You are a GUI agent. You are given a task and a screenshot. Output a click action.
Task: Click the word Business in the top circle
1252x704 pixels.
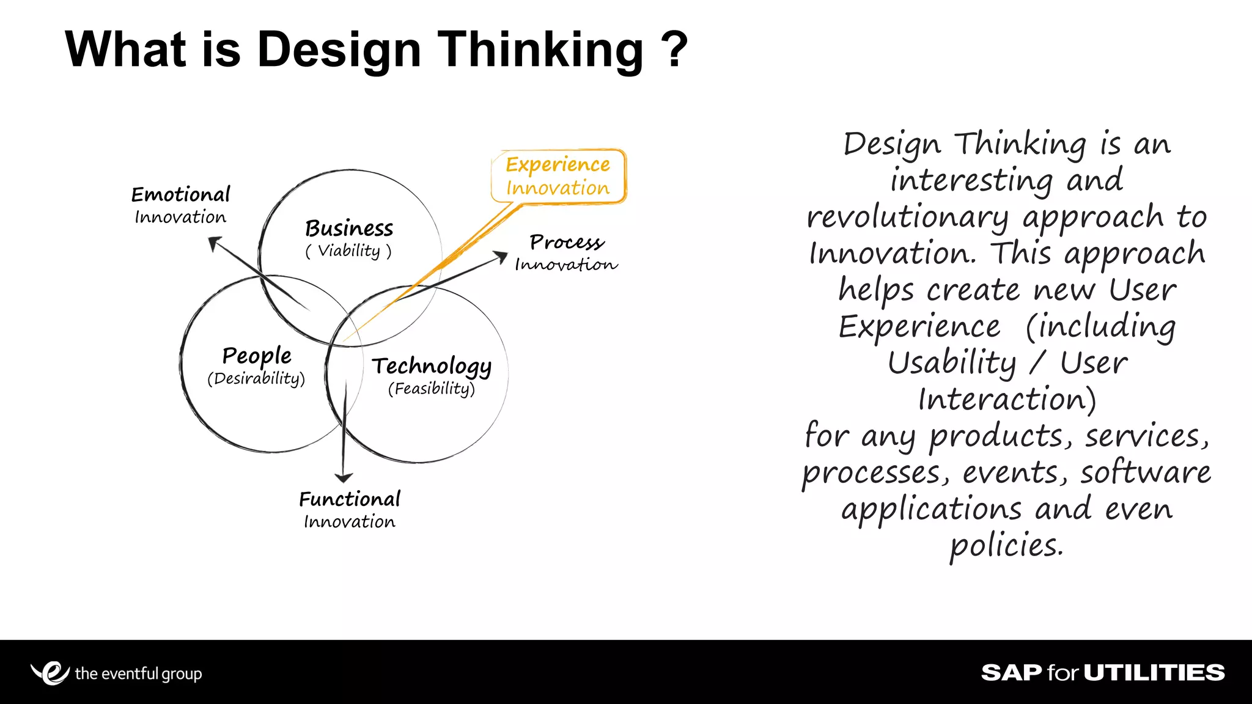[x=349, y=229]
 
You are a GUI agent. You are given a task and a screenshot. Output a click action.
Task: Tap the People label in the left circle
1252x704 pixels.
[x=257, y=356]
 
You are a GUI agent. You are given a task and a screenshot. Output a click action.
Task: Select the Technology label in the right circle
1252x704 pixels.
[x=432, y=366]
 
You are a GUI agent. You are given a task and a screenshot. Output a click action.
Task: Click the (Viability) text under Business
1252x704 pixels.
[x=348, y=251]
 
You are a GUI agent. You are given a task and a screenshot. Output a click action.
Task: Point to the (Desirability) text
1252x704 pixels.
[x=256, y=379]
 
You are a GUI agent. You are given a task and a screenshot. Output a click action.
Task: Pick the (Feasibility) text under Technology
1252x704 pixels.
[x=432, y=389]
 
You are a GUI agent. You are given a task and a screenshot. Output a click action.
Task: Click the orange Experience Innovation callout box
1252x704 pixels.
[x=558, y=176]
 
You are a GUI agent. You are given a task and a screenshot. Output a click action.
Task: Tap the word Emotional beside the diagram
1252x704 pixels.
[x=180, y=195]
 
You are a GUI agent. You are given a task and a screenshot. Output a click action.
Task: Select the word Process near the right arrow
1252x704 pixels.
[x=567, y=242]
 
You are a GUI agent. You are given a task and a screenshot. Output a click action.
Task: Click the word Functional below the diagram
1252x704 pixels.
[x=350, y=499]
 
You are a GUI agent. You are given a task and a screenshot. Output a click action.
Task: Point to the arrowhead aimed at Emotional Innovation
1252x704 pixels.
[x=213, y=243]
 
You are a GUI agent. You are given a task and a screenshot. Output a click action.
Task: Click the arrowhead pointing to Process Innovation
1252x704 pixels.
[x=501, y=256]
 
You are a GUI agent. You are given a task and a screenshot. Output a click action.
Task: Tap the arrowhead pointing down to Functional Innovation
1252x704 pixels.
[x=344, y=477]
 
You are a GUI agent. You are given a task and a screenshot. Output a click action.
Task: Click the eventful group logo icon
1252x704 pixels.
[x=50, y=673]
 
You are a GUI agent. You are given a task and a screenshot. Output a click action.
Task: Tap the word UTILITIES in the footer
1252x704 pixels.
[x=1154, y=673]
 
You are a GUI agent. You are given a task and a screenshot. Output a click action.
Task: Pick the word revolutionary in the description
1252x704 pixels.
[x=908, y=218]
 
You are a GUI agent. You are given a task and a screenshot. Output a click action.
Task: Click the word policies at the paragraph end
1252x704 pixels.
[x=1006, y=545]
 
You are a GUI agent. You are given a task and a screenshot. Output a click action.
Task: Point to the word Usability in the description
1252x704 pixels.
[x=952, y=364]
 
